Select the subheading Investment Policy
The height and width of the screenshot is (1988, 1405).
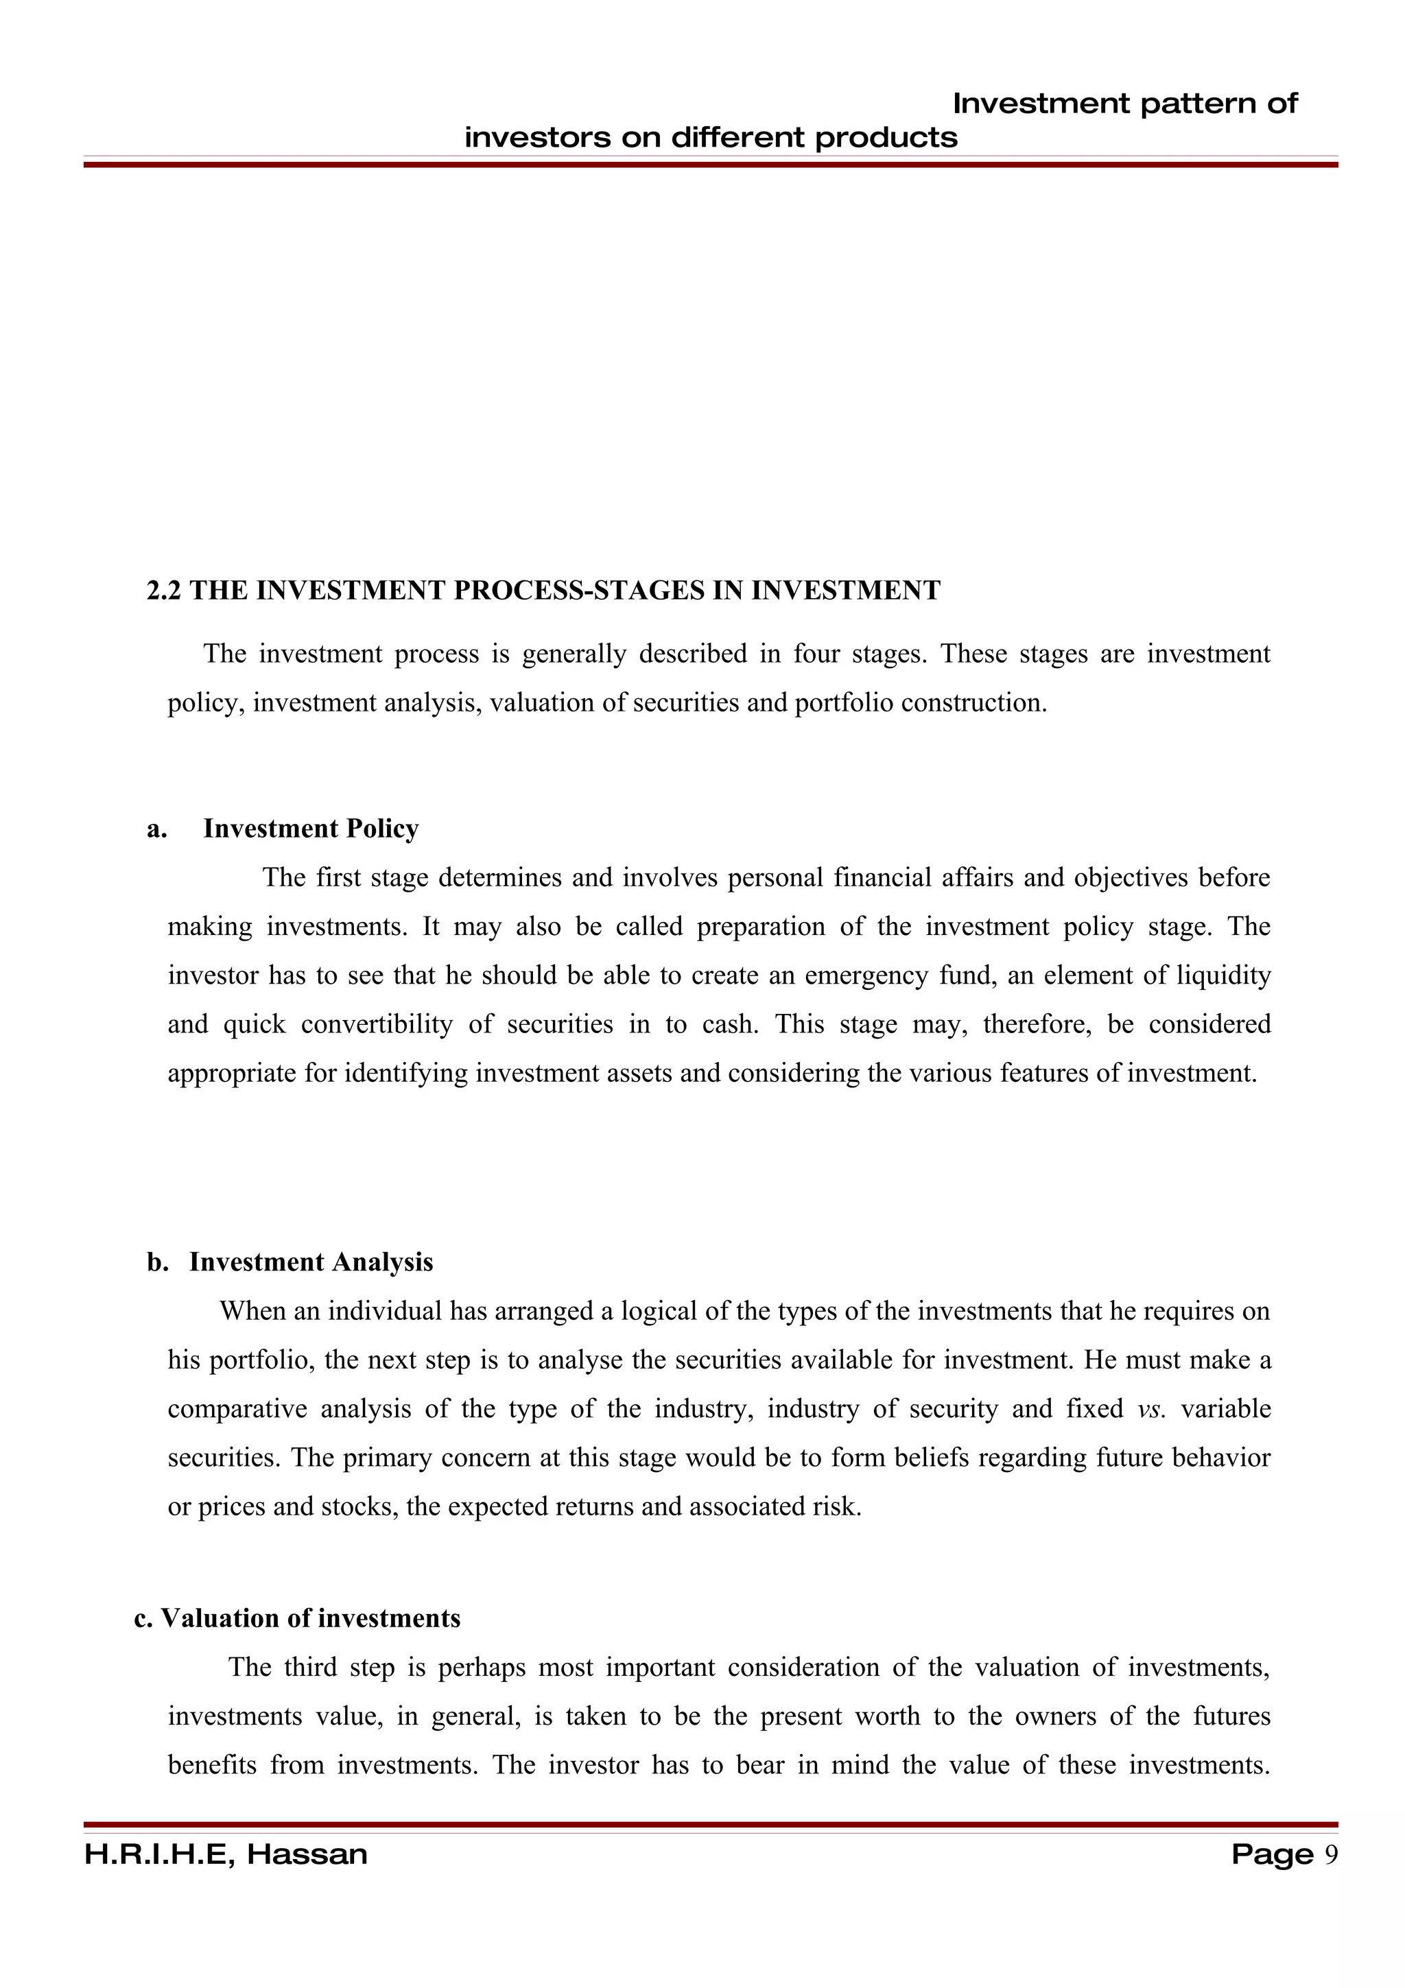click(x=311, y=829)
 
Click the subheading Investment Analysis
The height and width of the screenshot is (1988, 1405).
click(x=311, y=1262)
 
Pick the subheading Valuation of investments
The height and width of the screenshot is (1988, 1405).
click(x=310, y=1618)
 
